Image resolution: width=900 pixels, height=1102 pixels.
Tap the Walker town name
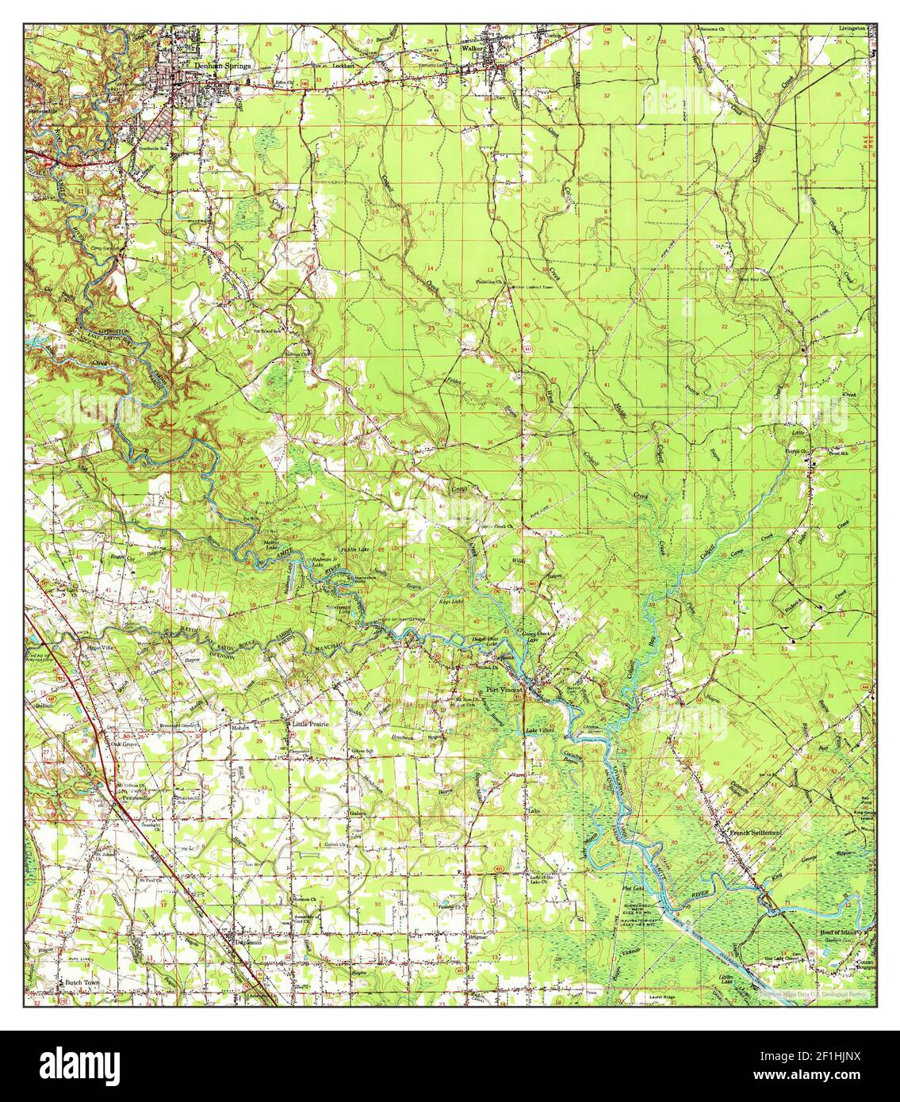point(473,48)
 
